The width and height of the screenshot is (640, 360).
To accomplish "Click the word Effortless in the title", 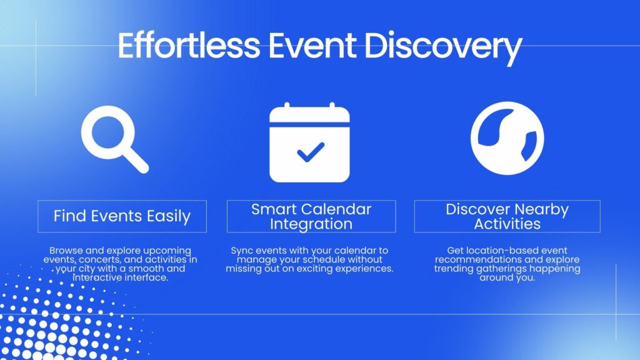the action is [x=189, y=45].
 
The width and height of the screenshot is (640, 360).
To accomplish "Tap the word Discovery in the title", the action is [x=443, y=47].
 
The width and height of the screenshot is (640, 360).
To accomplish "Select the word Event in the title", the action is [x=312, y=45].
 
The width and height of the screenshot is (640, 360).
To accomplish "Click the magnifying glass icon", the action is [x=115, y=139].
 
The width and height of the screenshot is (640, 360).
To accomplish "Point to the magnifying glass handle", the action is [x=136, y=160].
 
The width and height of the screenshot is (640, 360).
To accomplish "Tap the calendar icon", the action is [x=309, y=142].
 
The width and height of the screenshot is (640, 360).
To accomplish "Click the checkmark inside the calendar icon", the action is [x=311, y=152].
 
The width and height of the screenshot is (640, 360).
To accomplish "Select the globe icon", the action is [x=507, y=138].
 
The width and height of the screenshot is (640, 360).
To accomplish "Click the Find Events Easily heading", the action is [x=122, y=216].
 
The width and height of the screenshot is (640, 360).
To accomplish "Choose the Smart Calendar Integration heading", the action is [x=311, y=216].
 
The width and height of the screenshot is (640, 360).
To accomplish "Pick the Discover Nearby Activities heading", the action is [x=507, y=216].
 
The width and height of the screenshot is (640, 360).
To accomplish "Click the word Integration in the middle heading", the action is [x=311, y=224].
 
